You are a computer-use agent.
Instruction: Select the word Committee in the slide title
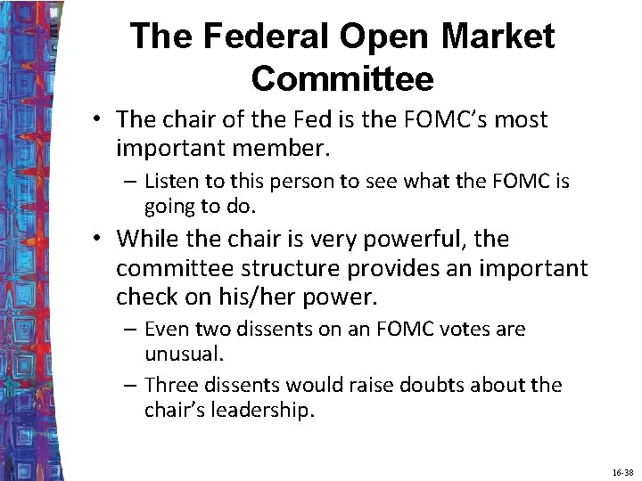click(342, 78)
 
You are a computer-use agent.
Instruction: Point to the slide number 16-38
click(622, 472)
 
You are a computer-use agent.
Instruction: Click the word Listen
click(172, 182)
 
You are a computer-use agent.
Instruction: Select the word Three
click(170, 385)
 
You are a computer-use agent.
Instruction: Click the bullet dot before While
click(103, 239)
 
